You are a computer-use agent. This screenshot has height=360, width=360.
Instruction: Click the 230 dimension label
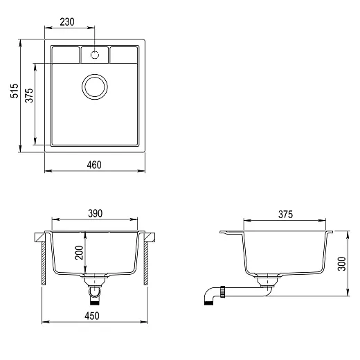point(67,22)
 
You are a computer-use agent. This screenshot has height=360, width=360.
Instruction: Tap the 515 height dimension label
point(15,91)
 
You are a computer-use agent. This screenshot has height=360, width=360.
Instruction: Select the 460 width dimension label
point(94,165)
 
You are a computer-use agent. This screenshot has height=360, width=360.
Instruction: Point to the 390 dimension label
point(95,213)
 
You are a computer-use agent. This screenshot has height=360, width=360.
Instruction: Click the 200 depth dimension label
point(79,253)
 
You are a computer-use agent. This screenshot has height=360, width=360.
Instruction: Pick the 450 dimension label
point(92,316)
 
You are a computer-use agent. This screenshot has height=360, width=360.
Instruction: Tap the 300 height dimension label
point(342,264)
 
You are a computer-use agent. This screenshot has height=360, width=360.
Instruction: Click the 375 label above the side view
point(285,215)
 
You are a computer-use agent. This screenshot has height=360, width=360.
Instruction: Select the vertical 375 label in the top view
point(29,96)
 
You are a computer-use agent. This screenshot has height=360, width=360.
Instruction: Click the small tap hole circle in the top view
point(95,55)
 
